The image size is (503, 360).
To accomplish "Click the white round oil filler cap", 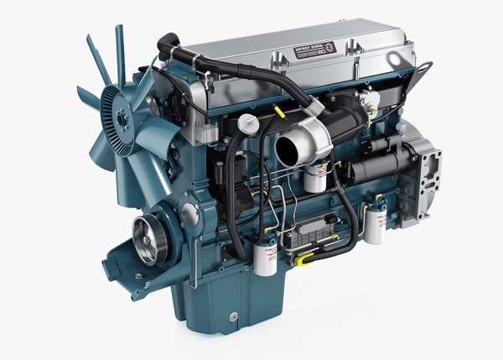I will (247, 124).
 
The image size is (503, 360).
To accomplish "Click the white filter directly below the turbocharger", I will (316, 177).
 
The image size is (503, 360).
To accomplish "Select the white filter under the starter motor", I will (374, 222).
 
